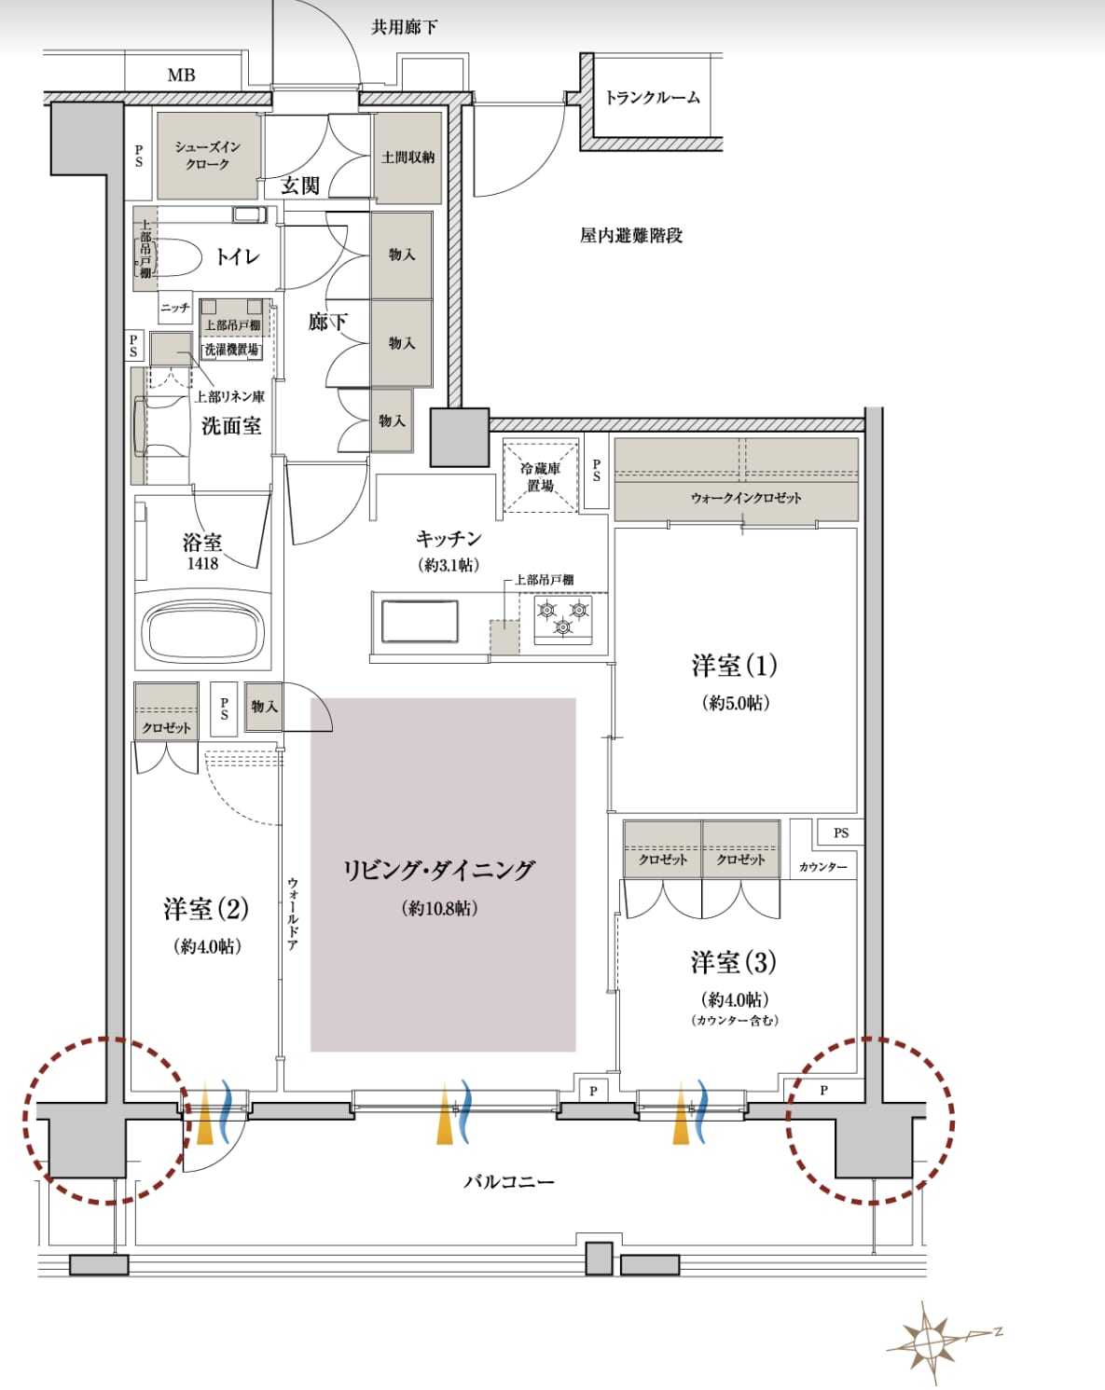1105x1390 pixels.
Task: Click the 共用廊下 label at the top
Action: [404, 27]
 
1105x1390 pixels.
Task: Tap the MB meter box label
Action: [181, 75]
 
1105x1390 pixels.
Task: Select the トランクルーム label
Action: [653, 98]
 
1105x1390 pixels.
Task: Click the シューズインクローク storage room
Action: [208, 155]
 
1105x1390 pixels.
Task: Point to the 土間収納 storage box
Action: [407, 158]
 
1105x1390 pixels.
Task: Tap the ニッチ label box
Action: [175, 308]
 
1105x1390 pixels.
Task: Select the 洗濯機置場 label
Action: [231, 350]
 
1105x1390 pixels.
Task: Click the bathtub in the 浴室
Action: [205, 630]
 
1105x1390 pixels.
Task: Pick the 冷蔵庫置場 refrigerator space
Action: [540, 476]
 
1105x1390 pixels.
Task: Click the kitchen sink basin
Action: [420, 621]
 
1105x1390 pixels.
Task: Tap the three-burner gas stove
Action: [563, 619]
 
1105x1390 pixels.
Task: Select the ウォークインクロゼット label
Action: [746, 498]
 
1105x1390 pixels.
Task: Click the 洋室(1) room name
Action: [735, 666]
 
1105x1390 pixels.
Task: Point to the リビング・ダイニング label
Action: [439, 870]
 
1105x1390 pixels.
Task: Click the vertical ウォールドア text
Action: [292, 914]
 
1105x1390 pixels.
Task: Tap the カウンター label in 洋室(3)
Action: [822, 867]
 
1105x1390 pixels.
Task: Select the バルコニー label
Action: [508, 1182]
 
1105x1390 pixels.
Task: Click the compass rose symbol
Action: [933, 1342]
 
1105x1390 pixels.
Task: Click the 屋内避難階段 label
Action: [630, 235]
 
